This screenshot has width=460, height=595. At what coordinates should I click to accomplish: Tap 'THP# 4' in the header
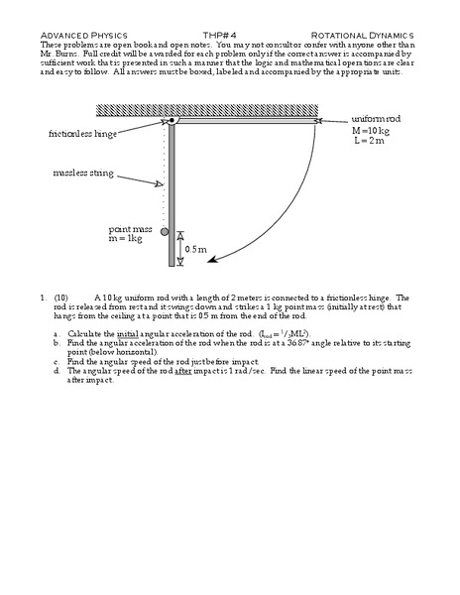click(x=230, y=33)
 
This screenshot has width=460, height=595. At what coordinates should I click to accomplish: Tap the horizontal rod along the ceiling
click(x=248, y=121)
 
